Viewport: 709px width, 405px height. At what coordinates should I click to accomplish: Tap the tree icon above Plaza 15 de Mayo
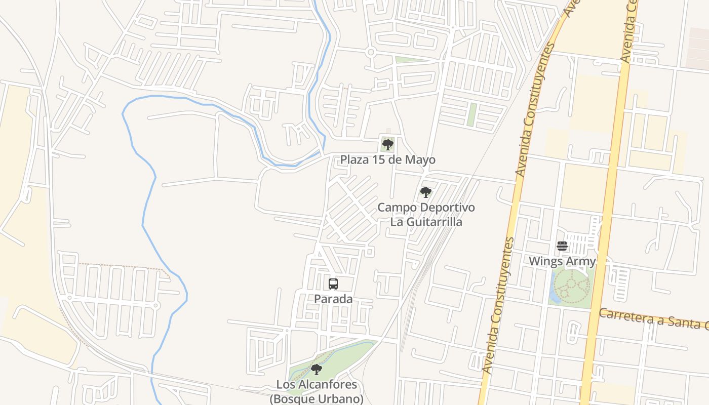pos(388,145)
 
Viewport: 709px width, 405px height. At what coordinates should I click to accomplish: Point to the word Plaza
pos(353,160)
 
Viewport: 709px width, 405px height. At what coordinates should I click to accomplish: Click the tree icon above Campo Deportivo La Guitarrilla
pos(425,192)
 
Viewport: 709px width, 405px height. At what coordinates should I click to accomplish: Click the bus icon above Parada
pos(333,284)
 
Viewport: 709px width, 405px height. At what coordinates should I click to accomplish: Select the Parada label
pos(333,299)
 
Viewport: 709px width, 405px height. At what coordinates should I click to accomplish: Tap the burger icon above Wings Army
pos(562,247)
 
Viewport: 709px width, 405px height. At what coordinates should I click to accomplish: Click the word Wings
pos(543,261)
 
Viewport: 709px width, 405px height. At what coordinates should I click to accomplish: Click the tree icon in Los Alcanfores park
pos(316,370)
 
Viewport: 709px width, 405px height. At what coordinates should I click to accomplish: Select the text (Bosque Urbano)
pos(316,399)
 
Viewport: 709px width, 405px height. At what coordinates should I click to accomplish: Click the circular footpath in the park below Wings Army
pos(572,287)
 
